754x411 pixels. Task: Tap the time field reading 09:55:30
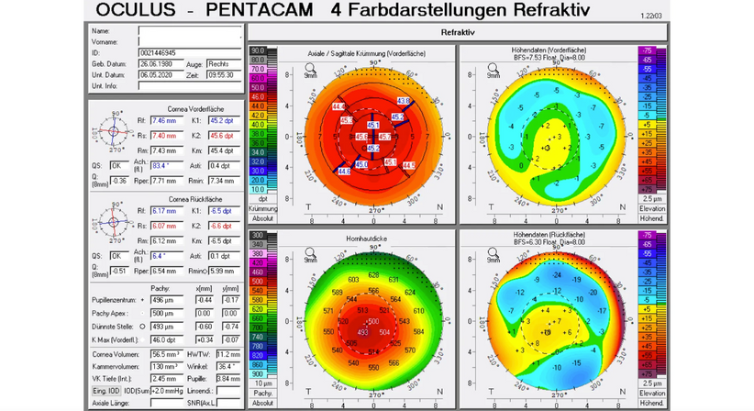coord(224,75)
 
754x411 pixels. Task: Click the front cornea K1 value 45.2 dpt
coord(221,120)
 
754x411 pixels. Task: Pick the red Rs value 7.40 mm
coord(166,136)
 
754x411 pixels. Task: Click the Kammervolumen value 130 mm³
coord(166,365)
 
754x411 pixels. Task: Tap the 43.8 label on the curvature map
coord(403,100)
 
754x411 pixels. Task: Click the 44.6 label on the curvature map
coord(344,171)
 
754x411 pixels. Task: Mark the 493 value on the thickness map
coord(363,333)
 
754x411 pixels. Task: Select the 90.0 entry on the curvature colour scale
coord(258,50)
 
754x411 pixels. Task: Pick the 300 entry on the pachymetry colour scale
coord(258,236)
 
